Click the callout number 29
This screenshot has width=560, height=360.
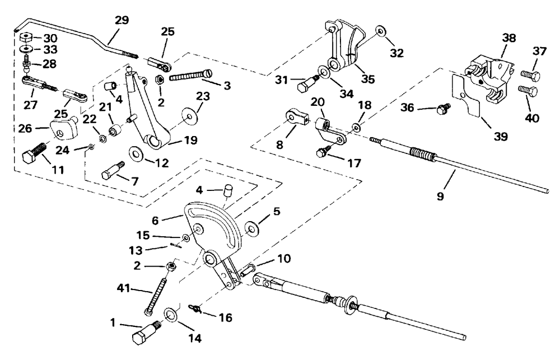point(122,20)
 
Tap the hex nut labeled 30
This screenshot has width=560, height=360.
point(25,38)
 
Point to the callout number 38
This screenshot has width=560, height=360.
point(509,38)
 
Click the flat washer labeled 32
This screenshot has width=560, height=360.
point(381,31)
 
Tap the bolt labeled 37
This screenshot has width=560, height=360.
point(530,76)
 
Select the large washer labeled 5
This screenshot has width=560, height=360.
point(252,227)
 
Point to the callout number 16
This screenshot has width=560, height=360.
point(226,317)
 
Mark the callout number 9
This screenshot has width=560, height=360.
point(440,195)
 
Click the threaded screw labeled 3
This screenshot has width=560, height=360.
point(191,76)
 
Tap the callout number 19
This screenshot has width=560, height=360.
point(190,140)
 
